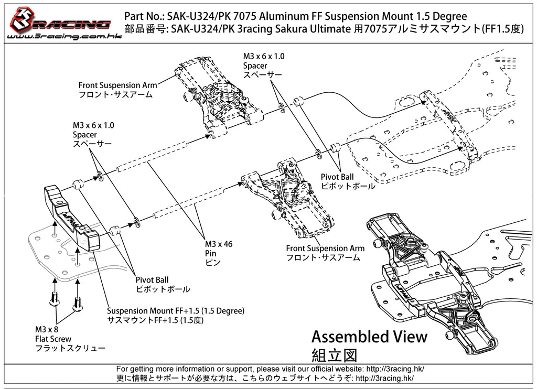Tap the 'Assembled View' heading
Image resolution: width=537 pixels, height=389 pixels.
coord(369,336)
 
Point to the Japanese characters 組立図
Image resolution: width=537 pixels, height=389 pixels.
coord(334,354)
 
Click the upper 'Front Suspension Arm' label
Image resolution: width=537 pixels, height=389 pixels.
coord(117,90)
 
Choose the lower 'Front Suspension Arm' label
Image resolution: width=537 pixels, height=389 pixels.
coord(325,253)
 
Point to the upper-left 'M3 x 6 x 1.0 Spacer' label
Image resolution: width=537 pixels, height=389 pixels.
coord(93,134)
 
